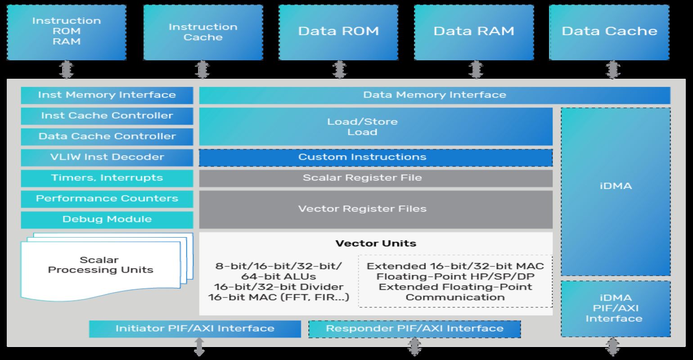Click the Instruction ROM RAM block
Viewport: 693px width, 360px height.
point(67,32)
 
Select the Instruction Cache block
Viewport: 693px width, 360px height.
point(202,32)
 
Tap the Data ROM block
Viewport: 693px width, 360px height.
point(338,32)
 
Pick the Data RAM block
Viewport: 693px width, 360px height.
point(474,32)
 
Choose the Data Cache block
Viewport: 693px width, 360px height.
point(609,32)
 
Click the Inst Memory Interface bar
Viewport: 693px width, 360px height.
point(107,95)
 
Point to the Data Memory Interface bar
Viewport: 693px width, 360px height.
point(434,95)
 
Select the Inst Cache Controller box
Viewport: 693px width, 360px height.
point(107,116)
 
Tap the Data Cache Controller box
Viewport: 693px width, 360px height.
point(107,136)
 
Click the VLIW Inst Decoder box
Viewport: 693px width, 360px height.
point(107,157)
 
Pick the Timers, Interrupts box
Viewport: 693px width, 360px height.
point(107,178)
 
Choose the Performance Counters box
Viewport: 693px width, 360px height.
point(107,198)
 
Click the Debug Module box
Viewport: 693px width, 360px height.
point(107,219)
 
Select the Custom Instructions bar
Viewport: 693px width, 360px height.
point(375,157)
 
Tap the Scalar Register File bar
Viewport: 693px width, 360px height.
point(375,178)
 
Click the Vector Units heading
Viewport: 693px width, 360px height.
point(375,243)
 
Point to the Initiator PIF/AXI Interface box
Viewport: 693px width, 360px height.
point(195,328)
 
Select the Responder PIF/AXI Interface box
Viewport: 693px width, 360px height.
point(414,329)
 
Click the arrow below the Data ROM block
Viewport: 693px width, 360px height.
point(338,70)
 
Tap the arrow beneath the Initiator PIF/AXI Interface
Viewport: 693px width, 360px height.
point(199,347)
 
